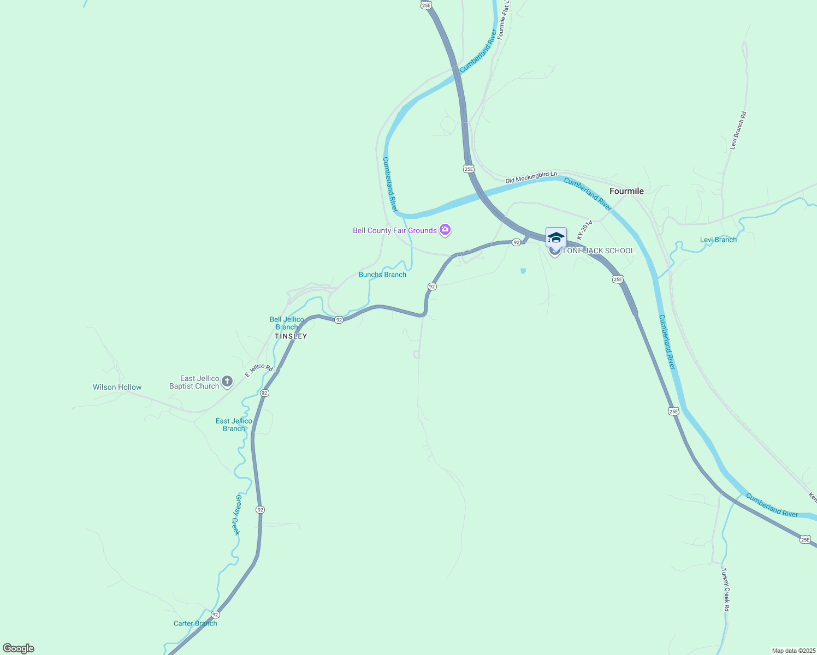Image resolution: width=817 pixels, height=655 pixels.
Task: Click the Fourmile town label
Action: [x=626, y=191]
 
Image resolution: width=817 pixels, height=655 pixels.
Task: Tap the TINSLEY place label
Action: [x=291, y=336]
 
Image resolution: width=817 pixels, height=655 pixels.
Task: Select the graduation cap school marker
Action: [x=556, y=237]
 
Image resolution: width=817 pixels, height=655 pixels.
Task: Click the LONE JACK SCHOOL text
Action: [x=599, y=251]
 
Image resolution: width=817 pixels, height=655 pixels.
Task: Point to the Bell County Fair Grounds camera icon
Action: [x=445, y=230]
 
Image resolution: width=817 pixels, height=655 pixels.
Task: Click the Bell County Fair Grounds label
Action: [x=394, y=230]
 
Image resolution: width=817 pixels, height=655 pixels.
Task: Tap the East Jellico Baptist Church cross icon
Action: [x=227, y=382]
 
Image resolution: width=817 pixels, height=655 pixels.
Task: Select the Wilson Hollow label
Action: [x=117, y=388]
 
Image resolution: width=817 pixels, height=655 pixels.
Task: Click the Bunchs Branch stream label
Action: [x=382, y=275]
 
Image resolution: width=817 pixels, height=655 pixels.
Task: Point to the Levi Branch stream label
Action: [x=718, y=240]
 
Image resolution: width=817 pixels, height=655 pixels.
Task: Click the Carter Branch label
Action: [x=195, y=623]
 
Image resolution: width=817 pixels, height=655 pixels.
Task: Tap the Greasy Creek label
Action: [x=237, y=515]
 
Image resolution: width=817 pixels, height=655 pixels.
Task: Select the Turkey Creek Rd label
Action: [x=725, y=589]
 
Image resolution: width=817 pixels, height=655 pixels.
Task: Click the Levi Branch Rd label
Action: [x=738, y=130]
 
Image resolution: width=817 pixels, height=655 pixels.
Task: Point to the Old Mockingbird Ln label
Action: [x=531, y=177]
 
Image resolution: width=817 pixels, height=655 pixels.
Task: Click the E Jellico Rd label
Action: [x=259, y=371]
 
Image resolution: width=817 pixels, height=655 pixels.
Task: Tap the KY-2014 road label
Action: [x=584, y=230]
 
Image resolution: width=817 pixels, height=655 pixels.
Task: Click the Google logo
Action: [x=19, y=648]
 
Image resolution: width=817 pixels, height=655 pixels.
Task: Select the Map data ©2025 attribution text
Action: [x=793, y=651]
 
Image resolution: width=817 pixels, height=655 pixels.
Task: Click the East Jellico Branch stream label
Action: [x=234, y=425]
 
